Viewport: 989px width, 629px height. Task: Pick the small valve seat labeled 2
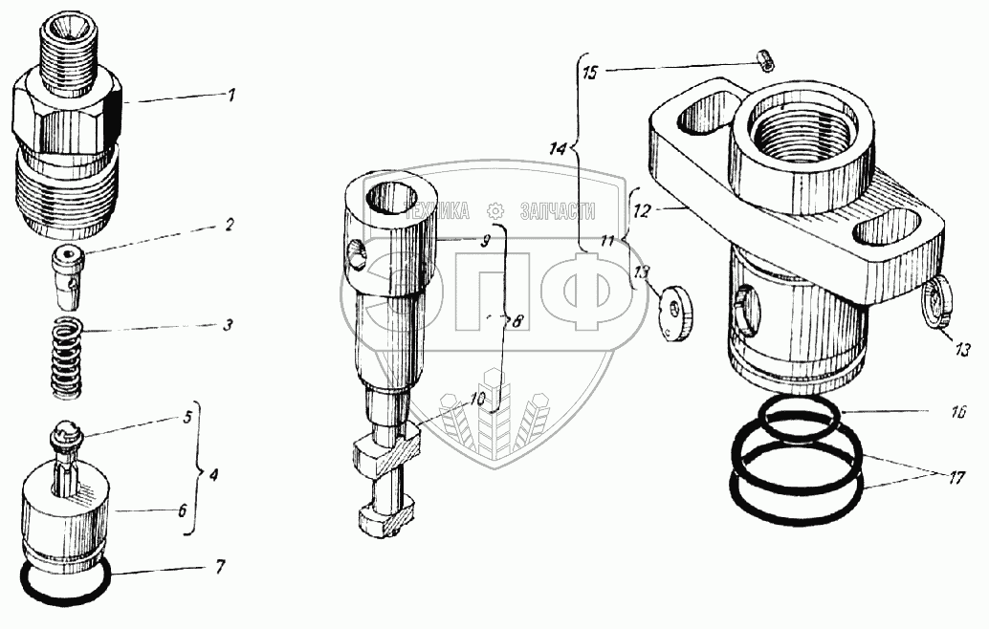tap(65, 269)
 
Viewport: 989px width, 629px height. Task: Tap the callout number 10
tap(476, 398)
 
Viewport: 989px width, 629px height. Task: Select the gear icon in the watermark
tap(495, 211)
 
